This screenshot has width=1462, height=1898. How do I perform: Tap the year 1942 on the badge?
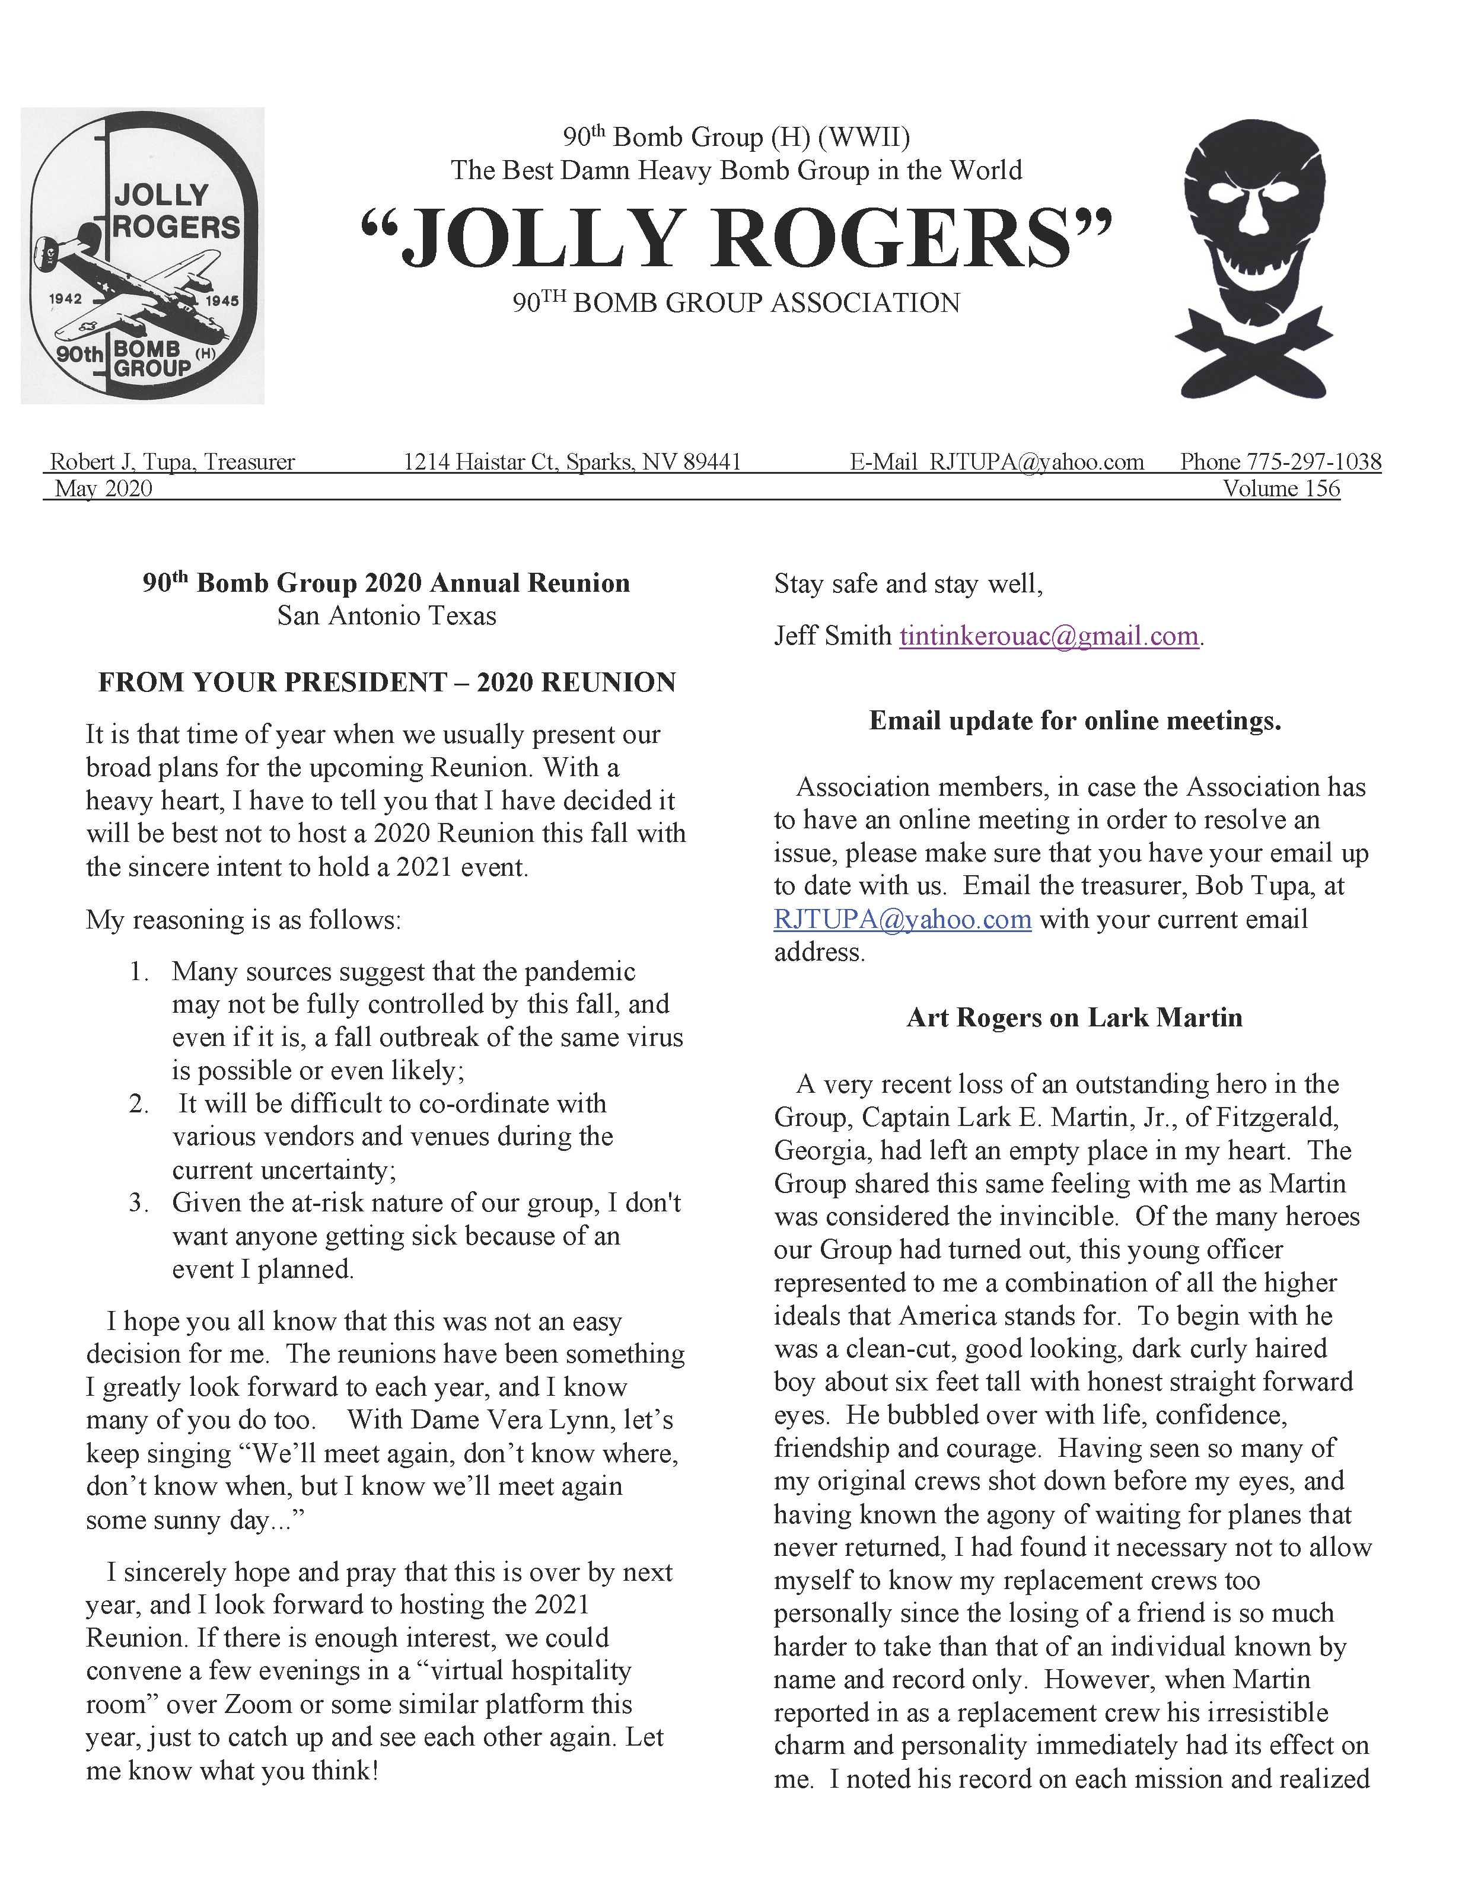pyautogui.click(x=65, y=299)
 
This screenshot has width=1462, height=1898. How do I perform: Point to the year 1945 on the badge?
pyautogui.click(x=222, y=301)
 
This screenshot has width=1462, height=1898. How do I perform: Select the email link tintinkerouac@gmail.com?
pyautogui.click(x=1048, y=636)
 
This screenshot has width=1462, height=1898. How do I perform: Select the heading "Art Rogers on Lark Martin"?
pyautogui.click(x=1074, y=1017)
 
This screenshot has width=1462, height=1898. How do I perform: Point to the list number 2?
pyautogui.click(x=138, y=1103)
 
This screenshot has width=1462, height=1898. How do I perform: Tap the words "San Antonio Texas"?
pyautogui.click(x=387, y=616)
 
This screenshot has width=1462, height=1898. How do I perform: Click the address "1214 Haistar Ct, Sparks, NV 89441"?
pyautogui.click(x=572, y=461)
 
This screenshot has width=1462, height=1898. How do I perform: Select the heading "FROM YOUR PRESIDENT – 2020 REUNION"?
pyautogui.click(x=387, y=682)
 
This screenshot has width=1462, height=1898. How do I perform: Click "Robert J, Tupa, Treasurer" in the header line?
pyautogui.click(x=172, y=461)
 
